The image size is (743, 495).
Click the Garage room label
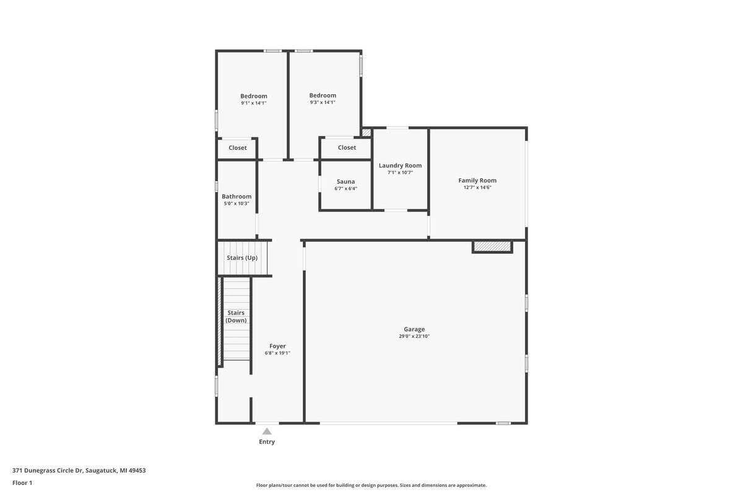414,329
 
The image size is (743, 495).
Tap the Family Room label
477,180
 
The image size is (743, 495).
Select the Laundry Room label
400,165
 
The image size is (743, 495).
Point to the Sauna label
345,181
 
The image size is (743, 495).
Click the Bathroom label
237,196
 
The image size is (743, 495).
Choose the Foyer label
277,346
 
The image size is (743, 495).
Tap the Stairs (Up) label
242,257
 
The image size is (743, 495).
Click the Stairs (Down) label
236,316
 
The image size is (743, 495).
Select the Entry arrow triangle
266,431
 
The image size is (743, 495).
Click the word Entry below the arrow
267,442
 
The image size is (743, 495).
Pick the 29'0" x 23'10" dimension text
414,337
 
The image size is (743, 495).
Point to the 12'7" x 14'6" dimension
477,187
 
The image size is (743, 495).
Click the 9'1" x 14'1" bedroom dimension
254,103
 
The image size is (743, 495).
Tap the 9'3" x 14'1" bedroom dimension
323,103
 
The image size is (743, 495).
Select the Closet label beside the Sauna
347,147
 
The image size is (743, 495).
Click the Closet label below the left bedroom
238,148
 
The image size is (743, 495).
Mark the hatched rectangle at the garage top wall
492,247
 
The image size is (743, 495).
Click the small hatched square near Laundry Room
367,132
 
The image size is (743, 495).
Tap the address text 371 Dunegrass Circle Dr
79,470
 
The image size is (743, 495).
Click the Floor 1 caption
22,483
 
